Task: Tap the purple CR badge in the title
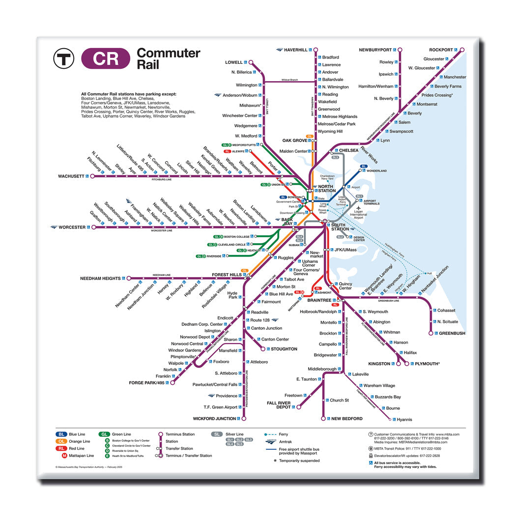click(106, 59)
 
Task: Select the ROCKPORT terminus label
click(440, 50)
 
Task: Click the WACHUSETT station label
click(71, 176)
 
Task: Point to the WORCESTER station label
click(71, 227)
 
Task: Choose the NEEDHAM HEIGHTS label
click(100, 279)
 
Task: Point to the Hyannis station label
click(404, 419)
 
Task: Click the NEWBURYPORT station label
click(375, 50)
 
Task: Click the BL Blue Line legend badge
click(61, 434)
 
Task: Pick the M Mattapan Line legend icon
click(64, 456)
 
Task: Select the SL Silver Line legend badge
click(217, 434)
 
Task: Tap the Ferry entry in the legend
click(283, 434)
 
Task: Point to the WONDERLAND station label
click(376, 171)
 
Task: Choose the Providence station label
click(227, 396)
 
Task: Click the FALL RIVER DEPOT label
click(279, 405)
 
